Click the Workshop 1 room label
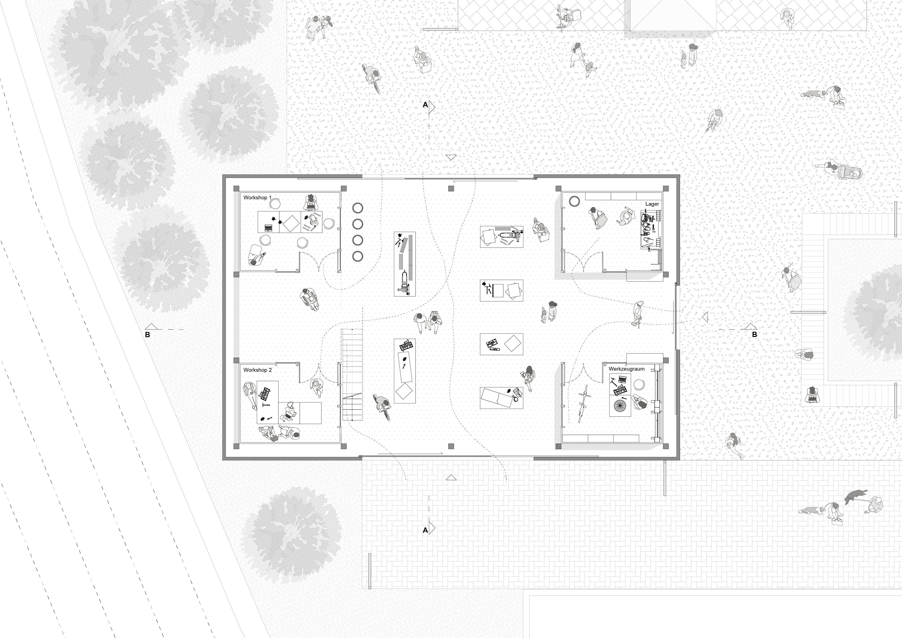click(257, 197)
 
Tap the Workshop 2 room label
click(257, 370)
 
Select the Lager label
click(652, 204)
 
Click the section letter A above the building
click(425, 105)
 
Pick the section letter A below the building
click(425, 530)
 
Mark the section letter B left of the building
click(148, 335)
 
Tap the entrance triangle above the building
click(451, 157)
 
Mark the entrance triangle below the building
click(451, 478)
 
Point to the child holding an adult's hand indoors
click(544, 314)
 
